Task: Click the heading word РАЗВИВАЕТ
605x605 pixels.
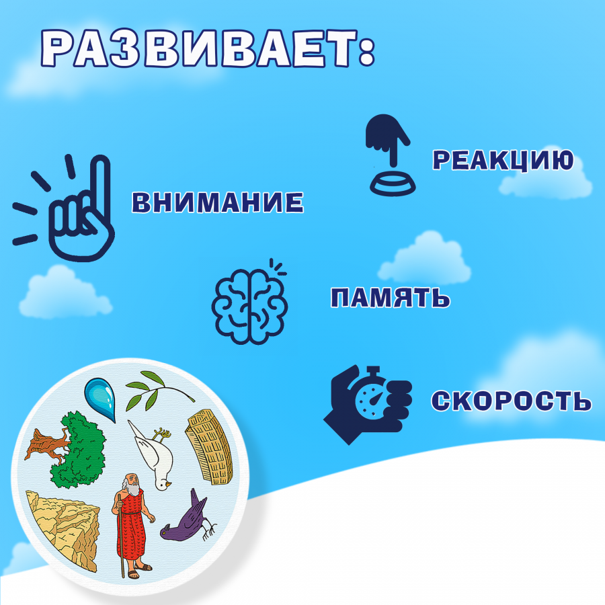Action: click(199, 48)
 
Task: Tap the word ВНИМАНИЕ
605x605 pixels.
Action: click(218, 202)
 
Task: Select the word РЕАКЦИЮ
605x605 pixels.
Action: click(503, 160)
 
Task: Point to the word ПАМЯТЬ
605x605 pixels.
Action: click(390, 298)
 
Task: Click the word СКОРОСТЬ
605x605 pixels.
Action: click(511, 401)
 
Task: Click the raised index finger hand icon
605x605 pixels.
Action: click(64, 208)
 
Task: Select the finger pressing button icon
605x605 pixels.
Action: click(390, 155)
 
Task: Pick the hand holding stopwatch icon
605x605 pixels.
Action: click(368, 405)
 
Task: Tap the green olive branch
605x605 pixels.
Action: click(159, 391)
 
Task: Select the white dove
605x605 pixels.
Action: click(153, 456)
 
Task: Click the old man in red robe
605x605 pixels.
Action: click(132, 526)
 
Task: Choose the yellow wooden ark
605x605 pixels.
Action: click(210, 446)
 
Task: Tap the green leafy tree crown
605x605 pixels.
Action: click(80, 450)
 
